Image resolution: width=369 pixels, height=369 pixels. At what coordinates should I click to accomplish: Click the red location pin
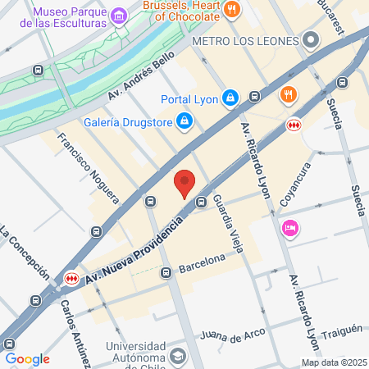[184, 183]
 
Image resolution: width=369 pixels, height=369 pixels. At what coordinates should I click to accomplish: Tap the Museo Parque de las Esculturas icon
[119, 16]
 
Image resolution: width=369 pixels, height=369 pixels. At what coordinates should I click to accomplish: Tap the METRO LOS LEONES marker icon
[310, 39]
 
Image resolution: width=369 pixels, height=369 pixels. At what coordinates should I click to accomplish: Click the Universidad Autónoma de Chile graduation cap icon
[178, 357]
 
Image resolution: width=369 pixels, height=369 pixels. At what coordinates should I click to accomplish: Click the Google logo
[27, 358]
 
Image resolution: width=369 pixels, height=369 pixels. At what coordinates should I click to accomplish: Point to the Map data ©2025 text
[331, 362]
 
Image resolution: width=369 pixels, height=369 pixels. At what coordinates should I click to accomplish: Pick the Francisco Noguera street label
[89, 168]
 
